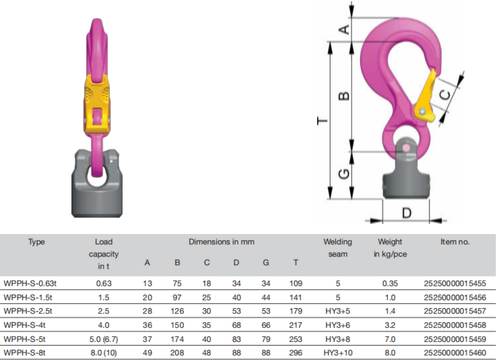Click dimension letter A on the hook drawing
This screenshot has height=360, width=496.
click(x=345, y=29)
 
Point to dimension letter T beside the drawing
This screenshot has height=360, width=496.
click(x=322, y=120)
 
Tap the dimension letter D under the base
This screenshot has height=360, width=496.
click(x=407, y=213)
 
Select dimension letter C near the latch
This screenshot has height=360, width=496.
click(x=445, y=95)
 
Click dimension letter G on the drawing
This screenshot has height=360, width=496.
click(x=344, y=174)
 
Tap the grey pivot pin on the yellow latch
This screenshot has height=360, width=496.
click(x=422, y=112)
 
